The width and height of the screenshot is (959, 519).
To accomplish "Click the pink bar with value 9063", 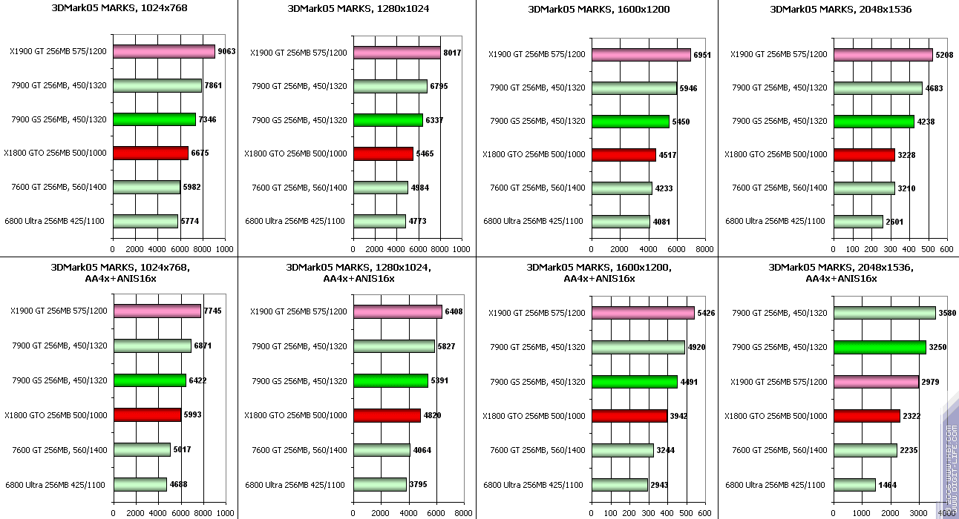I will [163, 52].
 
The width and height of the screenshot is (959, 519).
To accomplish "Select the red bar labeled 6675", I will [150, 153].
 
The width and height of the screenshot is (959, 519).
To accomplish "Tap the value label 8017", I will [451, 53].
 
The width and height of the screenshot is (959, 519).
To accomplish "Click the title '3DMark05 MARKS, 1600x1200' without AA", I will [598, 10].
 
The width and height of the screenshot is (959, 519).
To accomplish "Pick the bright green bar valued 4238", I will [874, 122].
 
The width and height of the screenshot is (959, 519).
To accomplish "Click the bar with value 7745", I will [157, 311].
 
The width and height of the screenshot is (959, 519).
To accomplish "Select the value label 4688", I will [178, 485].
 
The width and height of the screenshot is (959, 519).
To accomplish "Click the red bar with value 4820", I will [387, 415].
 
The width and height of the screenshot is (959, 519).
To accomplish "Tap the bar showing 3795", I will [380, 484].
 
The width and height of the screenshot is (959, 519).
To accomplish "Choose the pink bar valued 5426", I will [643, 313].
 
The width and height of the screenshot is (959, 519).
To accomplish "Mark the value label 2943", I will [661, 485].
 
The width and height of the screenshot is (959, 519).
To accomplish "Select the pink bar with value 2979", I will [876, 382].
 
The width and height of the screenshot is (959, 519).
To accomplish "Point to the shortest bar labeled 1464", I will [854, 484].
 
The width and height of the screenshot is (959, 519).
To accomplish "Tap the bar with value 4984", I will [381, 188].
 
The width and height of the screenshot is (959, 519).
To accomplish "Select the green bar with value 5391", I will [390, 380].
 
